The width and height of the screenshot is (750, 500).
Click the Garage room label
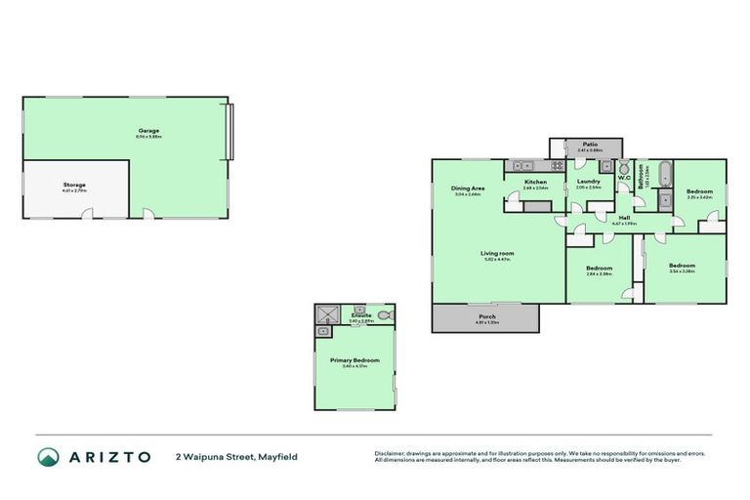coord(148,131)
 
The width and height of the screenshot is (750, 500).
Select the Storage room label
coord(75,185)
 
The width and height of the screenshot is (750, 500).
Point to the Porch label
coord(486,316)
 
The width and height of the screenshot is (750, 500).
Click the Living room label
coord(497,254)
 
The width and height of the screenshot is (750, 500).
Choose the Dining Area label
coord(468,187)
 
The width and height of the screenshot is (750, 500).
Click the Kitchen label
coord(535,182)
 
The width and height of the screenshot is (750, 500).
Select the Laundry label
coord(588,181)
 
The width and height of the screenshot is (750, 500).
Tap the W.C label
coord(623,178)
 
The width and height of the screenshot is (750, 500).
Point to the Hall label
coord(623,218)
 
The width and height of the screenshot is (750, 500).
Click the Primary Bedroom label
coord(354,360)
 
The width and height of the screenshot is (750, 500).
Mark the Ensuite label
coord(361,315)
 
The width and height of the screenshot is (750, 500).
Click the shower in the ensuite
coord(324,313)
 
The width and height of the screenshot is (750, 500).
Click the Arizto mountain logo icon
coord(48,456)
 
